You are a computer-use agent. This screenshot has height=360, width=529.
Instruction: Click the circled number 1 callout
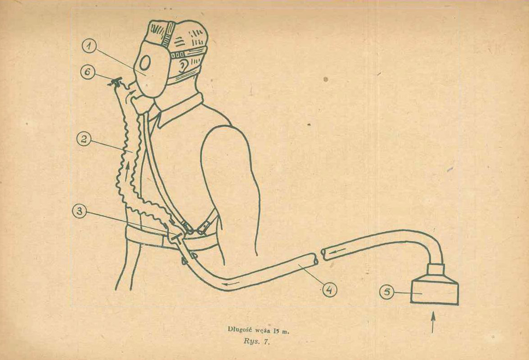tap(89, 47)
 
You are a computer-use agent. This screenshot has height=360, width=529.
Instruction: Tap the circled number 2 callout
tap(84, 139)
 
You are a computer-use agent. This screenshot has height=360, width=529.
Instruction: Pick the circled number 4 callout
tap(329, 290)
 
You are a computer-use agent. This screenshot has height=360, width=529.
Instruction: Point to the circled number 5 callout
tap(387, 292)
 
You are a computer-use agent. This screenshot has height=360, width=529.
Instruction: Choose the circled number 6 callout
tap(88, 72)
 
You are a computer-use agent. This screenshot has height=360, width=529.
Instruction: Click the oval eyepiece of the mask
tap(145, 63)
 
